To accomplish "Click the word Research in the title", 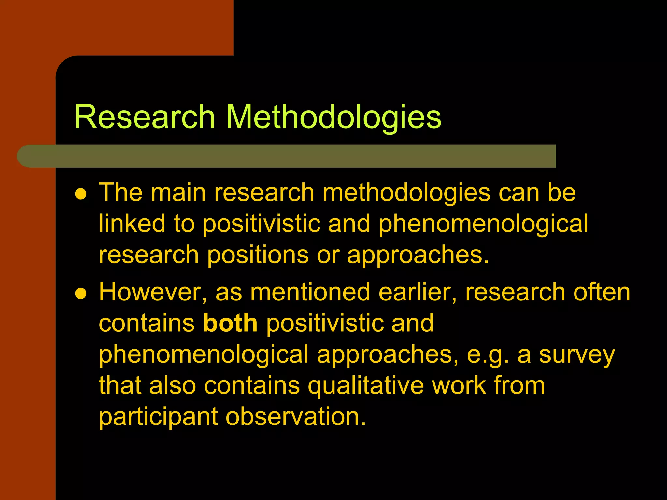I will pyautogui.click(x=145, y=117).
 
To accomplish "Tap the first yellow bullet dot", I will pyautogui.click(x=80, y=194).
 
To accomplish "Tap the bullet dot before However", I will pyautogui.click(x=80, y=294).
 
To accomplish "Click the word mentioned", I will pyautogui.click(x=310, y=292).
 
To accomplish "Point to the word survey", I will pyautogui.click(x=577, y=355).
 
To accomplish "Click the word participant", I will pyautogui.click(x=158, y=417).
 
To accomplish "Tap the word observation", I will pyautogui.click(x=296, y=416).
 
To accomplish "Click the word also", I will pyautogui.click(x=173, y=385).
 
